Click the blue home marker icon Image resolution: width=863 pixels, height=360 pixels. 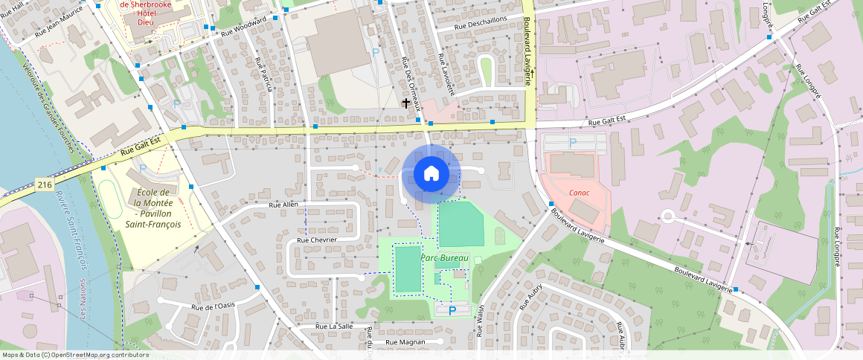(431, 174)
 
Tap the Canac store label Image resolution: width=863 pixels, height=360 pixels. (580, 193)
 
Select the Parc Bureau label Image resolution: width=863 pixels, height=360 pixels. (444, 258)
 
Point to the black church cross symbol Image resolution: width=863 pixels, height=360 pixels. (405, 103)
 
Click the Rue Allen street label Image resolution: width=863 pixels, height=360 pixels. (283, 204)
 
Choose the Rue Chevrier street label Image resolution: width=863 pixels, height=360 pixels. (317, 240)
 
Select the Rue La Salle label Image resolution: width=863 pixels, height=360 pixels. (334, 326)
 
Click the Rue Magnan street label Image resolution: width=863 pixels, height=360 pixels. (405, 342)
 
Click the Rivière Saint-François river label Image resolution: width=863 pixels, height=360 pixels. (71, 231)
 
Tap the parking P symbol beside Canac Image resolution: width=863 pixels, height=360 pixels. (572, 141)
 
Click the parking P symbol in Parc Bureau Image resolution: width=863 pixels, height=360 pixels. (452, 310)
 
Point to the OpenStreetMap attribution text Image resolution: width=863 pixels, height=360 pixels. (76, 355)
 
